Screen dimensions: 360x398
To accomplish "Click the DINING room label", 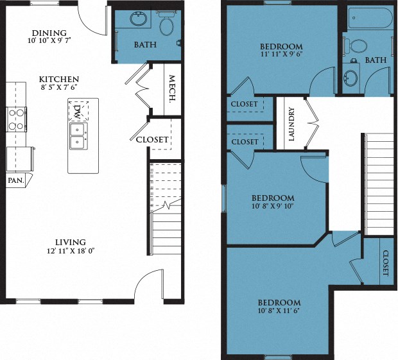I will pyautogui.click(x=48, y=33).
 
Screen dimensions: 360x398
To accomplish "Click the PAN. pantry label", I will pyautogui.click(x=15, y=181).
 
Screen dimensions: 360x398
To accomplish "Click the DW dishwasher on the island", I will pyautogui.click(x=76, y=113).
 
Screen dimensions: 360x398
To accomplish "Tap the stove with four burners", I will pyautogui.click(x=16, y=119).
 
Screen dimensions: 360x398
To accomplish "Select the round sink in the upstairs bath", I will pyautogui.click(x=351, y=80).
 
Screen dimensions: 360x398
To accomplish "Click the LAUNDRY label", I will pyautogui.click(x=291, y=124).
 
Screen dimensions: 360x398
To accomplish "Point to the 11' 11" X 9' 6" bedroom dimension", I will pyautogui.click(x=281, y=56).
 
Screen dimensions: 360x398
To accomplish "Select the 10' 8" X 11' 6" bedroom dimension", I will pyautogui.click(x=279, y=312).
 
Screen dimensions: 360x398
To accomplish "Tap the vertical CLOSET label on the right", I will pyautogui.click(x=385, y=263).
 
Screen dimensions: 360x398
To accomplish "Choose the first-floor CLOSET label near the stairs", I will pyautogui.click(x=152, y=139).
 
